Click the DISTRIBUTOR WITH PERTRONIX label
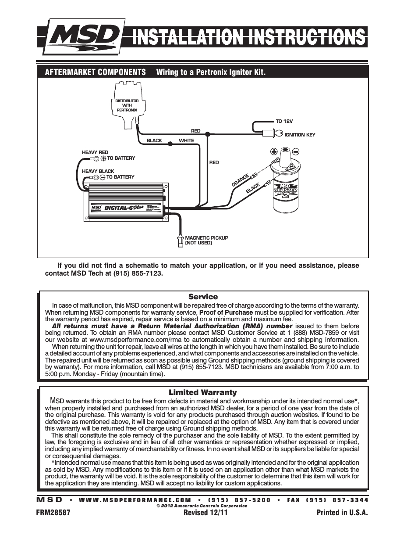127,105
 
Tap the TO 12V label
284,121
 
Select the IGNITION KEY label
300,135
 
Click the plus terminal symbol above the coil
274,152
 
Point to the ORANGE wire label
241,180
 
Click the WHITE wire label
186,141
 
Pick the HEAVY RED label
95,152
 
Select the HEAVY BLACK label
98,171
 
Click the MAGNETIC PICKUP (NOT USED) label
206,240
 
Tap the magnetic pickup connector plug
179,241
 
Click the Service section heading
203,297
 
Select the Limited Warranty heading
203,392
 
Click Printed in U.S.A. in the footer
342,513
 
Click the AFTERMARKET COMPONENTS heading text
95,72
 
